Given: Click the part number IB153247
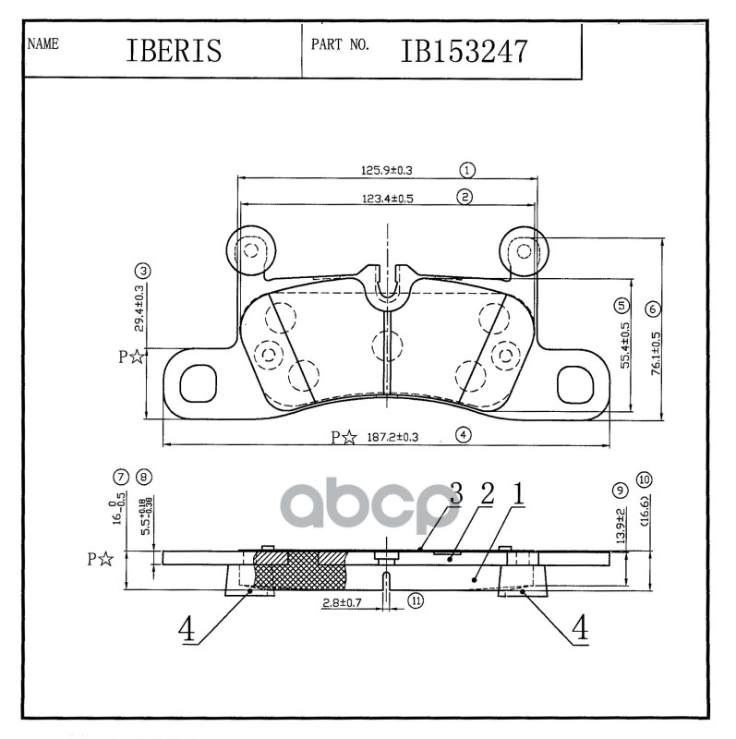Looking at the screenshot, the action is point(464,51).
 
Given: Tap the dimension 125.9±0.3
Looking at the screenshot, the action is point(386,170).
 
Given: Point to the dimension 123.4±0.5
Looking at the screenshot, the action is point(386,197).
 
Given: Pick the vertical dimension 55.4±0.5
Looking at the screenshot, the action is point(624,345).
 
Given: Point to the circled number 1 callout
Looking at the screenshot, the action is point(467,170).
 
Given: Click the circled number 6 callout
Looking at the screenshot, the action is point(652,309).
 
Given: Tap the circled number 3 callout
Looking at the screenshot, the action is point(141,271).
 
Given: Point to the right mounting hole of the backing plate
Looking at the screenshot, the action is point(576,382).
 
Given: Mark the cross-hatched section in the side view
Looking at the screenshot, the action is point(298,572).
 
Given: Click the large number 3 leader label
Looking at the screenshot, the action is point(455,493).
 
